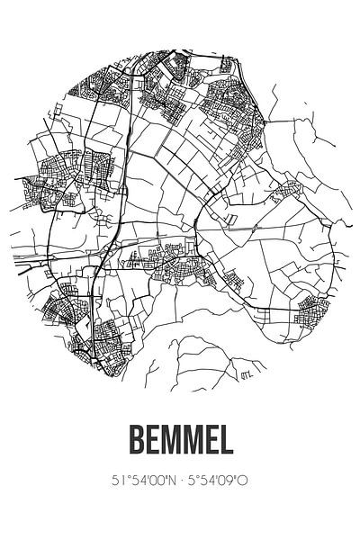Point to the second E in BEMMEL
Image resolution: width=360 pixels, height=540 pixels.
pos(216,440)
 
